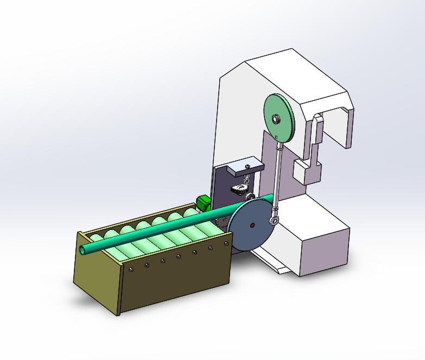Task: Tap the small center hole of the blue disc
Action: [x=252, y=224]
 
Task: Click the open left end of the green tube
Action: [x=83, y=250]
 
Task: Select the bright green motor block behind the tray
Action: [x=204, y=203]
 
